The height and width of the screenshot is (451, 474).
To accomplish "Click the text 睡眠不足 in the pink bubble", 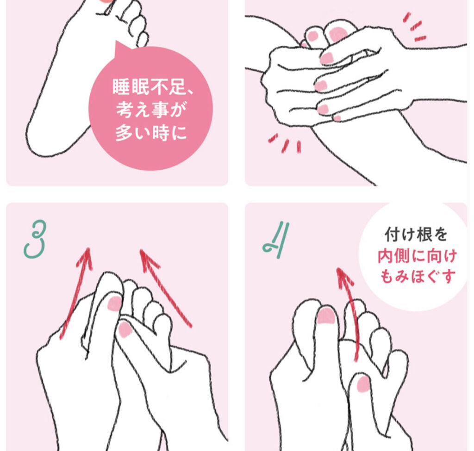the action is [149, 87].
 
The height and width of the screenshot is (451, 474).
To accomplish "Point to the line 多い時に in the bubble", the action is [151, 132].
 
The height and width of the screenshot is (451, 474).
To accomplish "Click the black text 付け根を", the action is [416, 235].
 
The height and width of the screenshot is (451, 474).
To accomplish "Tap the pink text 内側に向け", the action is [417, 256].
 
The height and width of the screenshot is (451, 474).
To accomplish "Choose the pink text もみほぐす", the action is [417, 276].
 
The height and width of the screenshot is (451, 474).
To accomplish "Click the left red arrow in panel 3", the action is [76, 292].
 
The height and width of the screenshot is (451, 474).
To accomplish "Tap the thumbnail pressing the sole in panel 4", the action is [363, 383].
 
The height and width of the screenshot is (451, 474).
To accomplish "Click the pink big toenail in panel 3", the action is [114, 303].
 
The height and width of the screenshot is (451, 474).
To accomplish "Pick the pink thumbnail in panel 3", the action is [124, 329].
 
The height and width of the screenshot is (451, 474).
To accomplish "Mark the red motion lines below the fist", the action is [285, 143].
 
